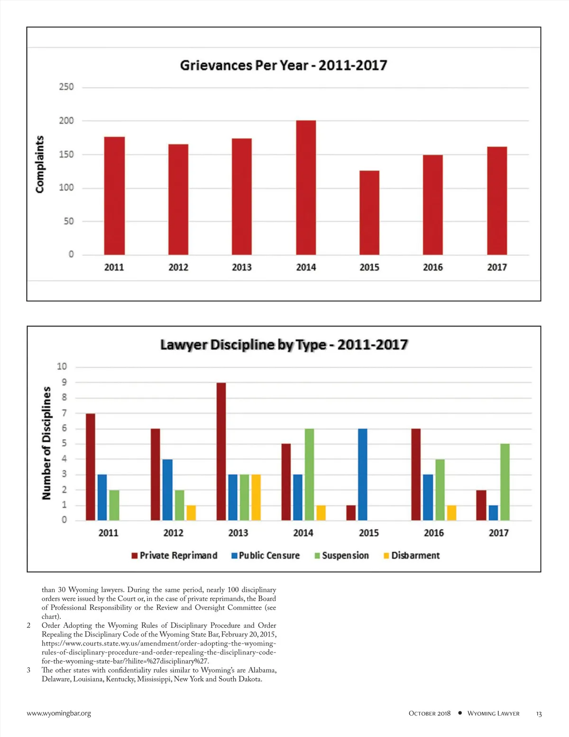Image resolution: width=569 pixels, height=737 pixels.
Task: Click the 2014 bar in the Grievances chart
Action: tap(306, 187)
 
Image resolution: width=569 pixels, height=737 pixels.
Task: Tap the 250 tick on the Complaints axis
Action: tap(66, 87)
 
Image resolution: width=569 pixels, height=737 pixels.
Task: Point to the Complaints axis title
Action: tap(40, 164)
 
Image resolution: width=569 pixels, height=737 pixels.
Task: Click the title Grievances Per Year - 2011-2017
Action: tap(284, 65)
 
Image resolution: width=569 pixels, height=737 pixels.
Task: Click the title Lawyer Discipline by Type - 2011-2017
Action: tap(284, 345)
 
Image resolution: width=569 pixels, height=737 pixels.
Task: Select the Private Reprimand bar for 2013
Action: tap(221, 451)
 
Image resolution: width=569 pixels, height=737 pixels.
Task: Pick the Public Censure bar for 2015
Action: tap(363, 475)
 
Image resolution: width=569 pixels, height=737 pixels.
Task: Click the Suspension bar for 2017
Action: tap(505, 482)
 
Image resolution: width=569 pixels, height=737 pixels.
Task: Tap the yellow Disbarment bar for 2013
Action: tap(256, 497)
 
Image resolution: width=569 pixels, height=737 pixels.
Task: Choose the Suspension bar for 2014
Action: tap(309, 475)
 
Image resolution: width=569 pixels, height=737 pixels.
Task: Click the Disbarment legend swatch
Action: tap(386, 556)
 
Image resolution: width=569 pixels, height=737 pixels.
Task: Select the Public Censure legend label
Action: tap(269, 556)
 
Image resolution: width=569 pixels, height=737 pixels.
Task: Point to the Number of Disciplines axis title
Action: tap(46, 443)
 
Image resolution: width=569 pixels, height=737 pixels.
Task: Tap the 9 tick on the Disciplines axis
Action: tap(64, 382)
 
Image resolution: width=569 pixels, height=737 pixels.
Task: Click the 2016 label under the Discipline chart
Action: tap(434, 533)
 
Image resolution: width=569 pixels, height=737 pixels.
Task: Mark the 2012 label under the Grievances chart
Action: tap(178, 267)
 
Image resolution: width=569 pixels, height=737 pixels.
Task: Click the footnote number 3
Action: tap(28, 670)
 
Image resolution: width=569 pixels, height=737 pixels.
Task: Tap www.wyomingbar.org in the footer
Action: tap(59, 713)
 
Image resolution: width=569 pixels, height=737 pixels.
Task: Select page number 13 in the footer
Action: tap(539, 714)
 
